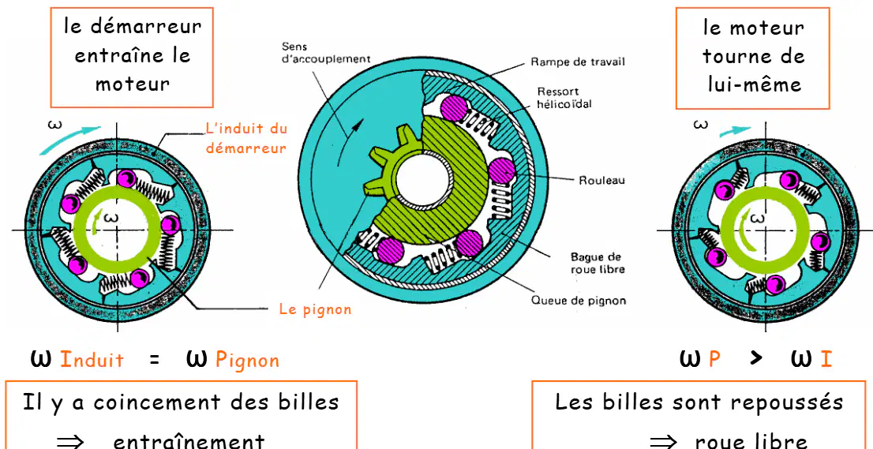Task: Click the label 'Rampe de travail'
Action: click(577, 62)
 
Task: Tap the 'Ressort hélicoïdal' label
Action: click(557, 97)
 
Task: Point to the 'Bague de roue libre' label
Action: click(595, 264)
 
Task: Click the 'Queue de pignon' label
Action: click(579, 301)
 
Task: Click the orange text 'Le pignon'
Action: click(315, 309)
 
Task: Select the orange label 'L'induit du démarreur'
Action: click(246, 138)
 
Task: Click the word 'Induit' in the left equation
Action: click(92, 359)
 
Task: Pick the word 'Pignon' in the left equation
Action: click(247, 361)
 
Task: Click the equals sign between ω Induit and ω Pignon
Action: click(155, 360)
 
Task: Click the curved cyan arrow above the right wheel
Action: click(734, 131)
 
